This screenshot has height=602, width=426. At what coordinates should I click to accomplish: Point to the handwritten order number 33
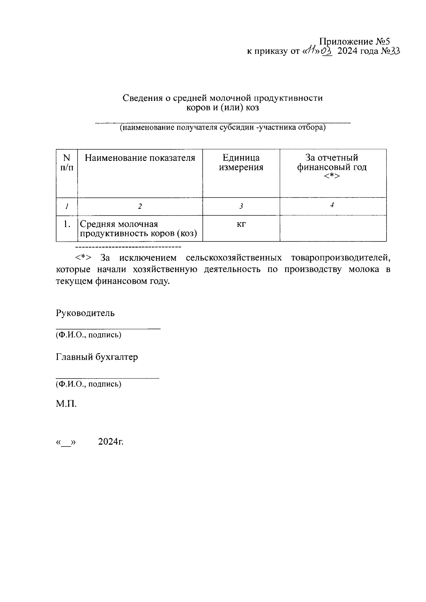coord(395,51)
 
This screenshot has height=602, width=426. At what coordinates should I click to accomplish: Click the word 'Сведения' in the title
coord(143,98)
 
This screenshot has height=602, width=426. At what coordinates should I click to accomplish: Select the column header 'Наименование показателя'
coord(140,158)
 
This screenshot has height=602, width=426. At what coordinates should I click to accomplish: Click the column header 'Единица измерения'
coord(241,163)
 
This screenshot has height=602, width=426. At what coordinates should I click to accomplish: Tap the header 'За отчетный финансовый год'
coord(332,167)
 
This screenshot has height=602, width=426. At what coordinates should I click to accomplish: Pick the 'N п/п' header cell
coord(67,163)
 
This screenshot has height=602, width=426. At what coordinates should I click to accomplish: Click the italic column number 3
coord(241,206)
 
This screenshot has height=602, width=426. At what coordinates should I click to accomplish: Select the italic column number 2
coord(140,206)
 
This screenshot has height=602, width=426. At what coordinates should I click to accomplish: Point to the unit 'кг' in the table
coord(241,224)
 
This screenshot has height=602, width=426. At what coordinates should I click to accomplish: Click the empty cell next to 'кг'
coord(333,228)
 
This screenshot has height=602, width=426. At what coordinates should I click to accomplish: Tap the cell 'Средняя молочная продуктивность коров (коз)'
coord(138,229)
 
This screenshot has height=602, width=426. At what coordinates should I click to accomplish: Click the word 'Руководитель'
coord(85,313)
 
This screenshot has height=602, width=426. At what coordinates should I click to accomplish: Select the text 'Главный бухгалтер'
coord(97,357)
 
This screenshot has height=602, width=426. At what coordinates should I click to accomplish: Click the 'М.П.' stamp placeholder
coord(66,404)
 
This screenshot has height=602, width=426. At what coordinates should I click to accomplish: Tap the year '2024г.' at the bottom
coord(111,442)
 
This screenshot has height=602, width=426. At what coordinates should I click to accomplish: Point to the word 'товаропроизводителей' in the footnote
coord(340,257)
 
